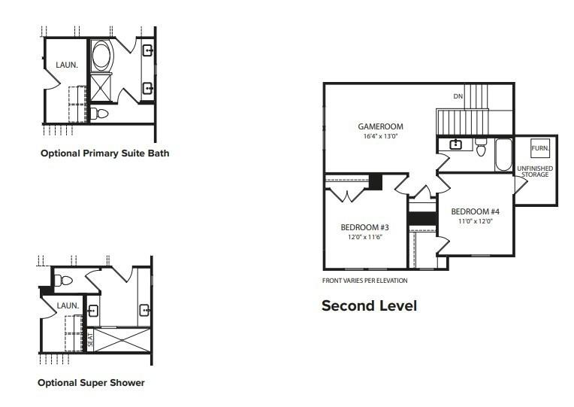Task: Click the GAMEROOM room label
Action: pos(380,126)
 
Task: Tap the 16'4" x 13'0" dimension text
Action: pos(380,136)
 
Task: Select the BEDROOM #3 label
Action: pos(364,227)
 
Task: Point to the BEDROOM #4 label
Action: pos(475,211)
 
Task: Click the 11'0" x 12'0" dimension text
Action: pos(476,221)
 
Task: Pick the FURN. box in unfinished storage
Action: pos(540,148)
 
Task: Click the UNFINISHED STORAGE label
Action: pos(535,172)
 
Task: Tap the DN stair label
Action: pos(458,96)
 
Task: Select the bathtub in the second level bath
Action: pos(503,154)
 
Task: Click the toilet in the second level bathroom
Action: pos(481,147)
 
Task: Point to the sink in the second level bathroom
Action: pos(455,144)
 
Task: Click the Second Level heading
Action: pos(369,305)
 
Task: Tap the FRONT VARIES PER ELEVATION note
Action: pos(364,281)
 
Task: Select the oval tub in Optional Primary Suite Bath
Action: pos(101,56)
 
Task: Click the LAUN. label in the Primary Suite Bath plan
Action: pos(67,65)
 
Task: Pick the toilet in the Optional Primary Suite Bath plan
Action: pos(99,114)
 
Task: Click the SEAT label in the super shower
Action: pos(90,340)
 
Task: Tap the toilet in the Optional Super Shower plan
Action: pos(63,281)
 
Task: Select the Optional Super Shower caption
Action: pos(91,383)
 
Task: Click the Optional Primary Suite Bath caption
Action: pos(105,153)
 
